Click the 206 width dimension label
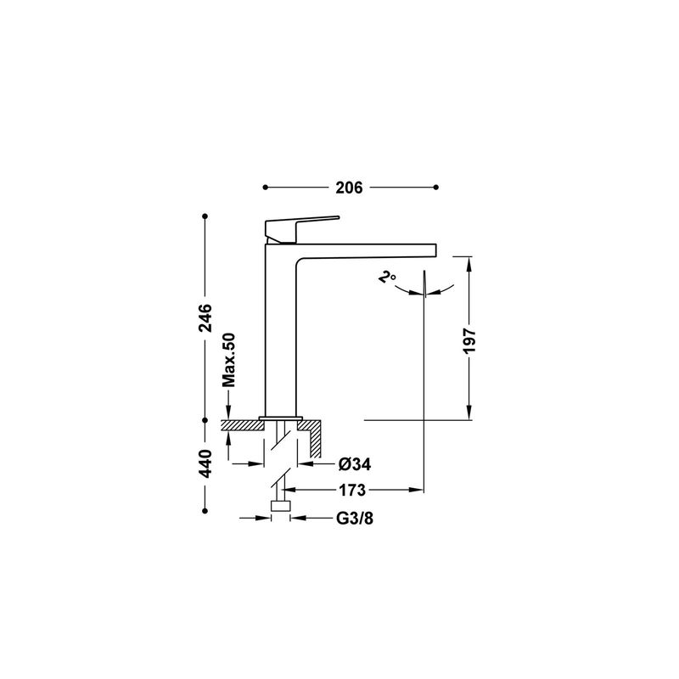(349, 188)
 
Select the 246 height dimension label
(205, 317)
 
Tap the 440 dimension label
(205, 463)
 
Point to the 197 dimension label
(469, 341)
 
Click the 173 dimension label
(352, 491)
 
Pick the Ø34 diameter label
(355, 464)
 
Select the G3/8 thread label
(355, 518)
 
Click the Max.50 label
(228, 360)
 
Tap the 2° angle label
(387, 277)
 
